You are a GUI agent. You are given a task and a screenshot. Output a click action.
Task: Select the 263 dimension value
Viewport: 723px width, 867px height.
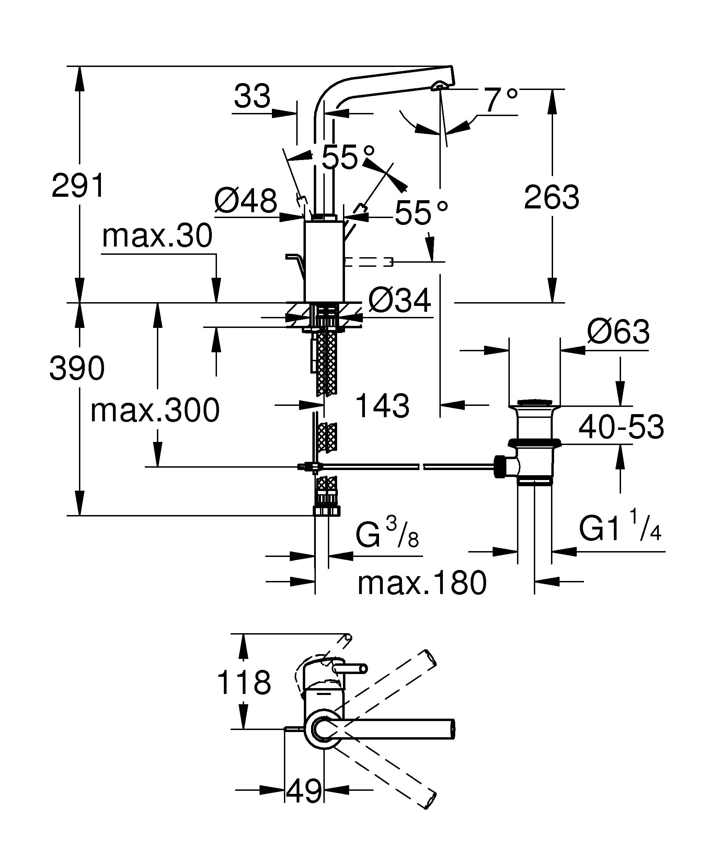(x=551, y=197)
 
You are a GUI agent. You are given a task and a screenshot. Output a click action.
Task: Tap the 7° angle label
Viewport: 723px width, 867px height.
(x=501, y=100)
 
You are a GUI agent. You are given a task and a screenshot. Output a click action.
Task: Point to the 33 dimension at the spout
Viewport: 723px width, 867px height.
(x=252, y=96)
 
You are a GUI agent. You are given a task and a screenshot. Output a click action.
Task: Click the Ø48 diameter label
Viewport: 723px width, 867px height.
(x=245, y=201)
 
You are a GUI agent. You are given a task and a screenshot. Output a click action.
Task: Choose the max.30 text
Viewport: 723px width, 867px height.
(x=157, y=236)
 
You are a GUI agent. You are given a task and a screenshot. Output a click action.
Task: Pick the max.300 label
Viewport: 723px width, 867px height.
(x=155, y=410)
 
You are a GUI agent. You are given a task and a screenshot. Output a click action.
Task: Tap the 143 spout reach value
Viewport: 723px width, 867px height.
(x=382, y=406)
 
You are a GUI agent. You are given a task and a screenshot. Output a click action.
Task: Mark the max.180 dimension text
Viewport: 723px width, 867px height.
(x=422, y=583)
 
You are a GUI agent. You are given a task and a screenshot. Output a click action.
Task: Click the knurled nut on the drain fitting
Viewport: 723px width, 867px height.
(x=500, y=467)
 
